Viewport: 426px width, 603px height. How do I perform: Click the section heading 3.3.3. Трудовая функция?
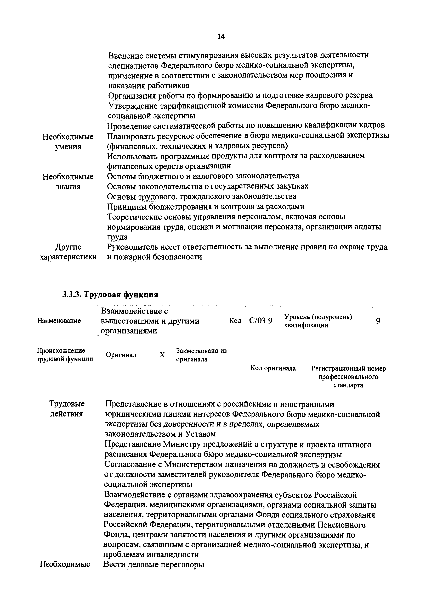click(x=110, y=295)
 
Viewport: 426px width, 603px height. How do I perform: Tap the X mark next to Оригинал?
click(x=162, y=355)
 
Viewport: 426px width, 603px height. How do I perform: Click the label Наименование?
click(x=59, y=321)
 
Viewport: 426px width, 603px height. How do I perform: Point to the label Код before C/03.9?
click(x=235, y=321)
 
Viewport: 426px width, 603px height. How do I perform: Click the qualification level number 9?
click(x=378, y=321)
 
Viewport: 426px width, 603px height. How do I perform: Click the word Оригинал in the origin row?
click(x=121, y=355)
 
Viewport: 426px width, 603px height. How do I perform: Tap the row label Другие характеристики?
click(x=68, y=252)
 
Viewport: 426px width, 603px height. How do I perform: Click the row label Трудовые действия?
click(x=67, y=409)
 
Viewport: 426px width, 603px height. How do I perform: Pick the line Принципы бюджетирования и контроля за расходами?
click(x=206, y=207)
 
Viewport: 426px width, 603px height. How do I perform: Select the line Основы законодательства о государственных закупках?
click(x=208, y=186)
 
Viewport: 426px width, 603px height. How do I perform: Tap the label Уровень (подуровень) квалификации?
click(x=318, y=321)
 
